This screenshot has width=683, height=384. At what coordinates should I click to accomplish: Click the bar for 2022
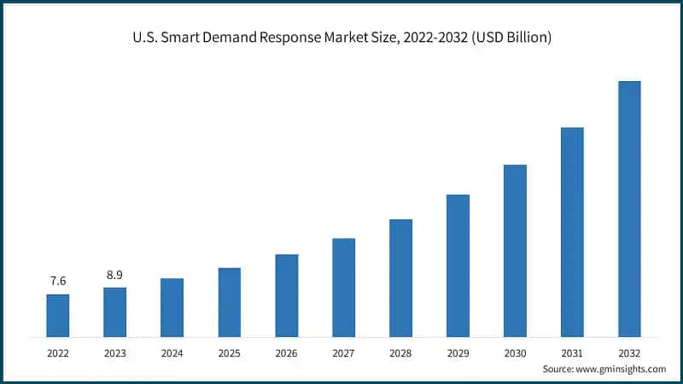tap(58, 315)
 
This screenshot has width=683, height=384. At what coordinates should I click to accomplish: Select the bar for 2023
tap(115, 311)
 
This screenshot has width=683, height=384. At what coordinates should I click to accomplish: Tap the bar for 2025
tap(230, 302)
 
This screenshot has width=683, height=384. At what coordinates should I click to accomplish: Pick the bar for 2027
tap(343, 287)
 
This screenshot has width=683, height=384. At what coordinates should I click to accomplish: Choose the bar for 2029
tap(458, 265)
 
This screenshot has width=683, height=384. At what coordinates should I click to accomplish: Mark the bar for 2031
tap(572, 231)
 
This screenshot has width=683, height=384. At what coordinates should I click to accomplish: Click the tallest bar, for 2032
tap(629, 208)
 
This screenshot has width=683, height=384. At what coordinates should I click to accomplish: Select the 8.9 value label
tap(115, 275)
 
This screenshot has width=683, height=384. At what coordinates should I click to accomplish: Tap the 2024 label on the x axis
tap(172, 352)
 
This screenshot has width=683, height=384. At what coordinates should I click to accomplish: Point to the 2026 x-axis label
tap(286, 352)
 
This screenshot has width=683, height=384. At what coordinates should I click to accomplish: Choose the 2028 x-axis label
tap(400, 352)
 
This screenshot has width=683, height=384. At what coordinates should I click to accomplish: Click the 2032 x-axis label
tap(629, 352)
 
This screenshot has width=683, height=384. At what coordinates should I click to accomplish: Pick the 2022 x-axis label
tap(58, 352)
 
